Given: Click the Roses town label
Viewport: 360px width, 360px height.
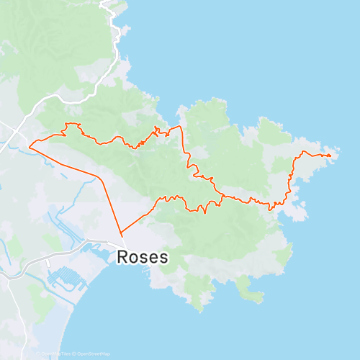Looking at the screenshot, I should pyautogui.click(x=142, y=257).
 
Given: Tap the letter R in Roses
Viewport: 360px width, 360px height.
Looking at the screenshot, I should pyautogui.click(x=122, y=257).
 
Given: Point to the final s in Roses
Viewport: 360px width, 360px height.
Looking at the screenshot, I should pyautogui.click(x=164, y=258).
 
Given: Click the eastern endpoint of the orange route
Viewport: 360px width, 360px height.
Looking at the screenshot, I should pyautogui.click(x=330, y=155).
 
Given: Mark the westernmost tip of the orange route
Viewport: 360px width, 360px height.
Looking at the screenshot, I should pyautogui.click(x=30, y=147).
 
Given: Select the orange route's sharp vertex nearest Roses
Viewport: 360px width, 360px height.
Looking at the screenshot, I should pyautogui.click(x=121, y=234).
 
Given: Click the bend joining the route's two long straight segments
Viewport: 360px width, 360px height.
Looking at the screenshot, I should pyautogui.click(x=98, y=176).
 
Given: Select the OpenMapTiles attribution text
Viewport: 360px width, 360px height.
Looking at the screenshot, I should pyautogui.click(x=54, y=354).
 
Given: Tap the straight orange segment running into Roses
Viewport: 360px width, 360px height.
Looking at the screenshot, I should pyautogui.click(x=109, y=205).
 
